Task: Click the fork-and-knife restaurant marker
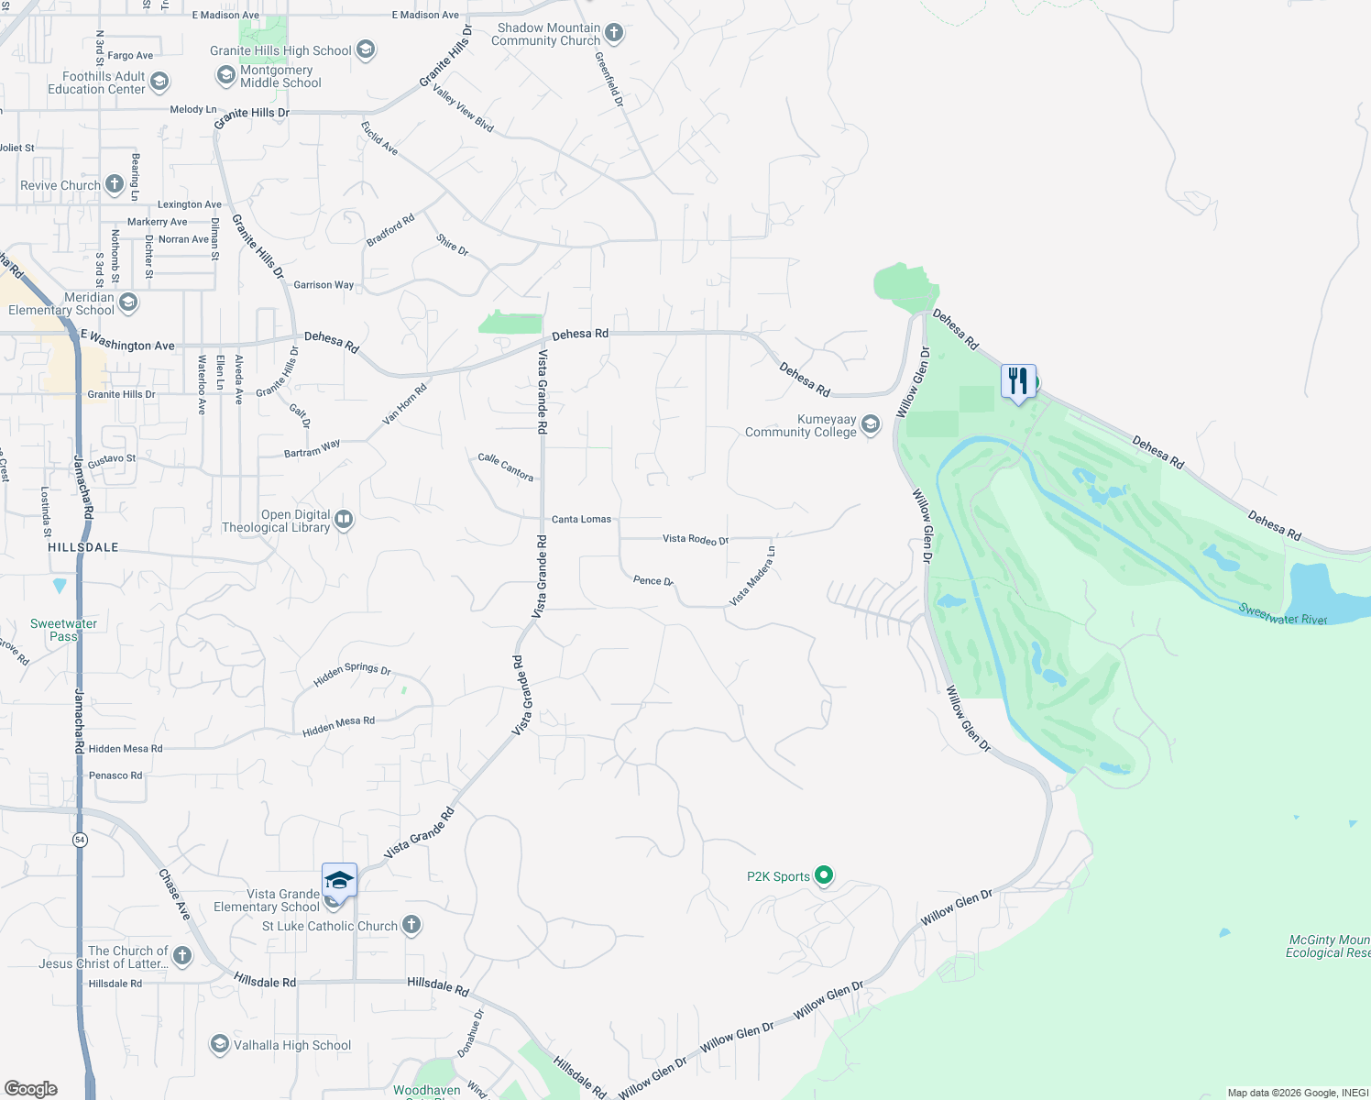tap(1018, 380)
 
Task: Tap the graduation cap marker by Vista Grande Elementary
tap(339, 880)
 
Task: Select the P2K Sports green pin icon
tap(824, 875)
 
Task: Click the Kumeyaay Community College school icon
tap(871, 423)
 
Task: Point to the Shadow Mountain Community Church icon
tap(614, 34)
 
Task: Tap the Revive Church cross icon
tap(114, 184)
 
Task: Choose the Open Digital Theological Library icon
tap(344, 520)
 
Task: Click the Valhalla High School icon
tap(219, 1044)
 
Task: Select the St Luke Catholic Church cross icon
tap(411, 925)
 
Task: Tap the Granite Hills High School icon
tap(366, 49)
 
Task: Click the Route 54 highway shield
tap(81, 840)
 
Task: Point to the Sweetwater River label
tap(1282, 614)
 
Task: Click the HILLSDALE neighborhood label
tap(83, 547)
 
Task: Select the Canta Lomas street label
tap(581, 519)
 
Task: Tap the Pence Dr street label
tap(653, 580)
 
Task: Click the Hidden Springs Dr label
tap(352, 674)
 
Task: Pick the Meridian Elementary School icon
tap(128, 302)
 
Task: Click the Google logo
tap(30, 1088)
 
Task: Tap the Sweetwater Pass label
tap(63, 630)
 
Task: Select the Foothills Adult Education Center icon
tap(159, 82)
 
